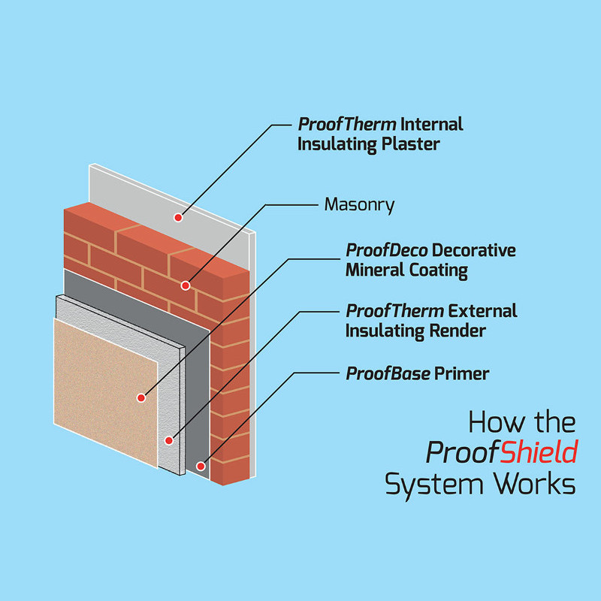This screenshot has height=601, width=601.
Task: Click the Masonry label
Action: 359,204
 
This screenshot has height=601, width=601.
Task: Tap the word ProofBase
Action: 387,373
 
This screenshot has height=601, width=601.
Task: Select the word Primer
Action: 462,373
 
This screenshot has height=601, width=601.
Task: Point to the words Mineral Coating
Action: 406,270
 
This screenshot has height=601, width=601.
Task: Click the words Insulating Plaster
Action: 368,143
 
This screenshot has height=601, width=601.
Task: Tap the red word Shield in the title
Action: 539,452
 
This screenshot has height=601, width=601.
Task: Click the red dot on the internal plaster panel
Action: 178,218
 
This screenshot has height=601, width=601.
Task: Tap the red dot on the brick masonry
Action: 185,285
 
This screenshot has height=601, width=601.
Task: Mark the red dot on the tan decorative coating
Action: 140,396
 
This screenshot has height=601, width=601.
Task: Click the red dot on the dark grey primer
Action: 201,467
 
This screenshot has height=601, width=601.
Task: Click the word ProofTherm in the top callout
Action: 347,123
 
